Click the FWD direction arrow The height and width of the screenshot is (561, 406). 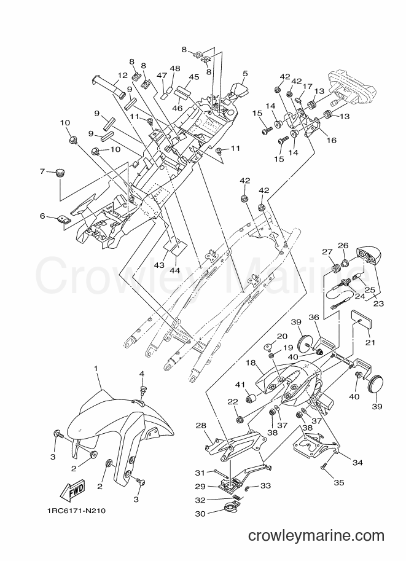(x=72, y=490)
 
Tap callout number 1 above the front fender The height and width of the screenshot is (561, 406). (x=95, y=368)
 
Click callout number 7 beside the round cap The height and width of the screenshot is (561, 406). (x=42, y=171)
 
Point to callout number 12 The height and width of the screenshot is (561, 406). (x=123, y=76)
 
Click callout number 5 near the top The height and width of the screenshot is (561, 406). (x=245, y=73)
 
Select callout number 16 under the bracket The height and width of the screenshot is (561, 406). (x=332, y=140)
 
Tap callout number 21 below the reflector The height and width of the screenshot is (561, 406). (x=370, y=342)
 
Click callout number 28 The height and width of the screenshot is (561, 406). (x=201, y=425)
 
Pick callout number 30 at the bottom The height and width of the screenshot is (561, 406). (x=200, y=514)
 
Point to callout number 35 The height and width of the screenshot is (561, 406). (x=339, y=482)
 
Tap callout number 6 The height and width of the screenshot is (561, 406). (x=42, y=216)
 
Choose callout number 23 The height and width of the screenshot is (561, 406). (x=378, y=304)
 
